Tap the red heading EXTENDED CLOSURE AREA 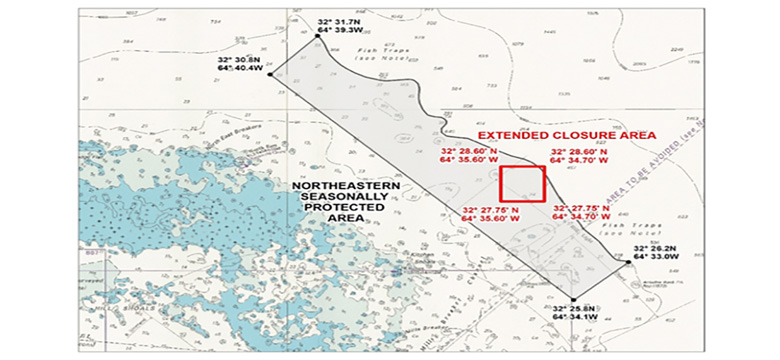pyautogui.click(x=565, y=134)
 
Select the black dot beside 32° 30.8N pyautogui.click(x=270, y=72)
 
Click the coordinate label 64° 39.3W pyautogui.click(x=339, y=31)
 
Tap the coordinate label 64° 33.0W pyautogui.click(x=655, y=259)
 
